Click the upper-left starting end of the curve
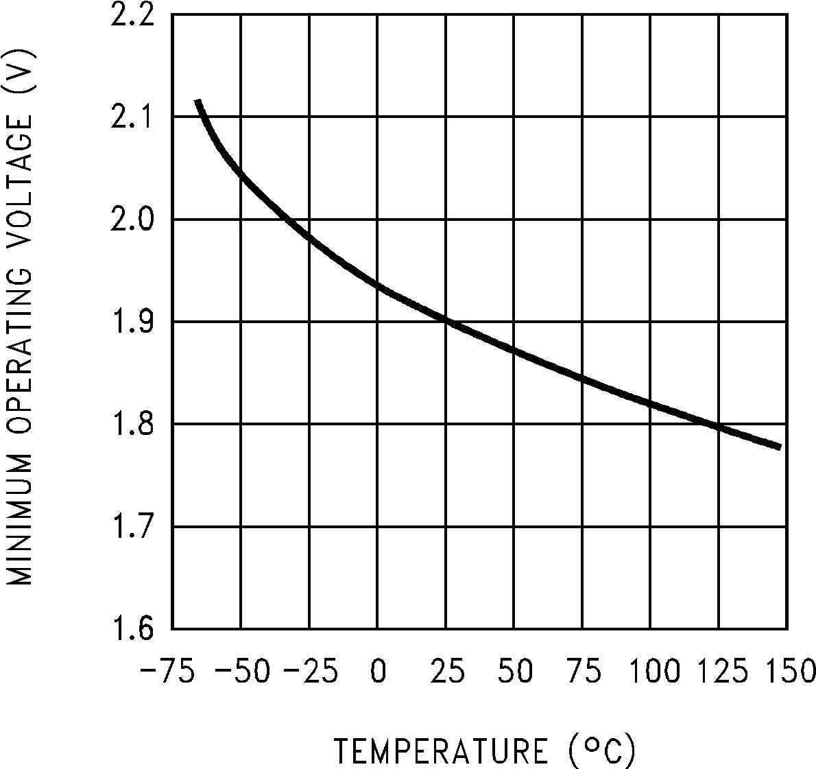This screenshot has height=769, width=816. [x=197, y=102]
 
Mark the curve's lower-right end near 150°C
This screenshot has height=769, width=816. [x=780, y=447]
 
